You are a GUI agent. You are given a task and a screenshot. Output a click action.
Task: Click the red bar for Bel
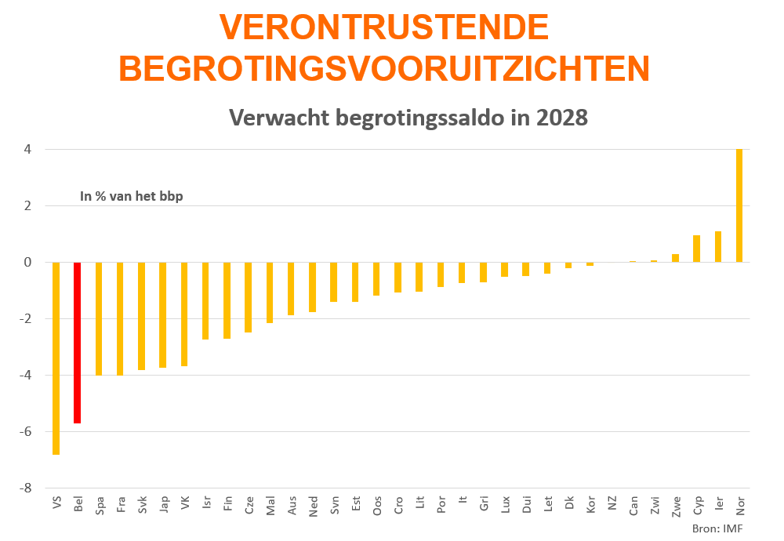point(78,343)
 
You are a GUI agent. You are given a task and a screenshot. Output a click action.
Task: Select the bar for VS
point(56,358)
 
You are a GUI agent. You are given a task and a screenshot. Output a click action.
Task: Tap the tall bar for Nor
point(739,205)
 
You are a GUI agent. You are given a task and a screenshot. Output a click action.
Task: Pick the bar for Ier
point(718,247)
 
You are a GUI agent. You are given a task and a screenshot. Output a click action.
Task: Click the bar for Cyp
point(696,249)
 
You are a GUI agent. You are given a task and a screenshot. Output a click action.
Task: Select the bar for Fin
point(227,300)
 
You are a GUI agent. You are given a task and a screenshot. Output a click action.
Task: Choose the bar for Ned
point(313,287)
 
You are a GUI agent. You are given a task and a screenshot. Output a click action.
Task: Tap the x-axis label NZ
point(612,503)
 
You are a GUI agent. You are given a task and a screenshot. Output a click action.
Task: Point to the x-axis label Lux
point(506,505)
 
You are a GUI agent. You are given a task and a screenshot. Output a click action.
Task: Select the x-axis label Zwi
point(655,505)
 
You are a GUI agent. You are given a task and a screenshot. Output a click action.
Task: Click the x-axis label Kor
point(590,505)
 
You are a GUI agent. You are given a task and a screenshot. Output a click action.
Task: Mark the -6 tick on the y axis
point(28,431)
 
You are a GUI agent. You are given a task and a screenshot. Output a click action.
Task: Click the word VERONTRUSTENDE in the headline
point(384,28)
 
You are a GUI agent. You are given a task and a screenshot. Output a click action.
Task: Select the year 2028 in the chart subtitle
point(562,118)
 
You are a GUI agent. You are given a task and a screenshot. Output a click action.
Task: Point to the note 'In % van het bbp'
point(132,197)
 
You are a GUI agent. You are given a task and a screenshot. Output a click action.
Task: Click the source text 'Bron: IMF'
point(717,528)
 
